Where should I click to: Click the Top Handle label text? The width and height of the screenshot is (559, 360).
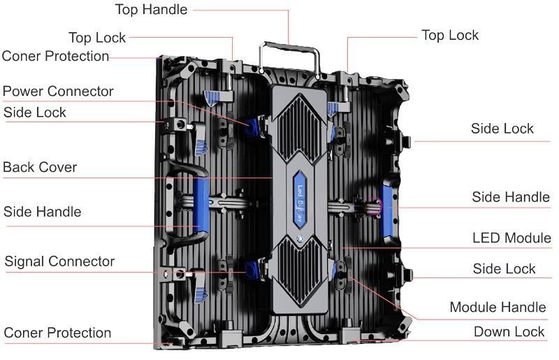(151, 9)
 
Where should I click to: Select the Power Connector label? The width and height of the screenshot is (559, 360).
(58, 91)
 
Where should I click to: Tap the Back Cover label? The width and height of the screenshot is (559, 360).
(40, 167)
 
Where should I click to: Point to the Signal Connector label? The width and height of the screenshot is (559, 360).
(59, 261)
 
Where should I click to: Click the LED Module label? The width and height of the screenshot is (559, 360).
(511, 238)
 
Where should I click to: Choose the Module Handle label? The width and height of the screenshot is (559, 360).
(498, 307)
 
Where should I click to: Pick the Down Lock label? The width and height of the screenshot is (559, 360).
(509, 332)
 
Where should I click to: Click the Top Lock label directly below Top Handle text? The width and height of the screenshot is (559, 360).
(97, 38)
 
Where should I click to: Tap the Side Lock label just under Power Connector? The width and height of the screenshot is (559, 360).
(34, 113)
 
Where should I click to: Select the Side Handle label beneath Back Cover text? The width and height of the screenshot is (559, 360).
(42, 212)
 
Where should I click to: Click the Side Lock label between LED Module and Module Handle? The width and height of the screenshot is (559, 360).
(504, 268)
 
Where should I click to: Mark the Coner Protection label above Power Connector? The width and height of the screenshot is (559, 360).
(55, 56)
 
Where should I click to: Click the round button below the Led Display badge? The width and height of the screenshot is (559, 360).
(300, 238)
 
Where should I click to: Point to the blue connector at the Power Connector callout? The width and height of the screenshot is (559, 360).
(252, 127)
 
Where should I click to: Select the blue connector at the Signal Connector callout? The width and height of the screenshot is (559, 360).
(252, 270)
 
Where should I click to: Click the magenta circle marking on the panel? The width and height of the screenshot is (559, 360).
(375, 206)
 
